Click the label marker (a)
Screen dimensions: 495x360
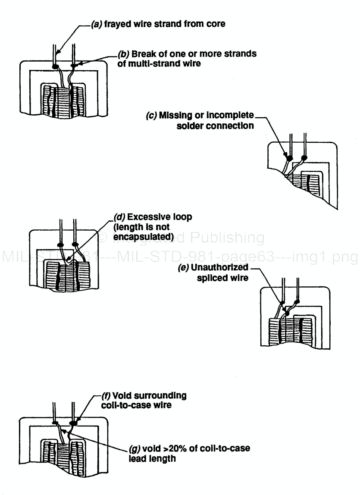point(97,24)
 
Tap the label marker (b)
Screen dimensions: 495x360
point(124,54)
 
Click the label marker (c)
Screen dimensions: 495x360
point(152,116)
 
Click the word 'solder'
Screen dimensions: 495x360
point(189,125)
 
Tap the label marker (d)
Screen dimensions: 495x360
point(119,216)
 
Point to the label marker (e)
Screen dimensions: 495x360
point(184,268)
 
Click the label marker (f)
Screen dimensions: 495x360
point(106,396)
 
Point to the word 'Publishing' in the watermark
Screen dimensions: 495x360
point(227,238)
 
